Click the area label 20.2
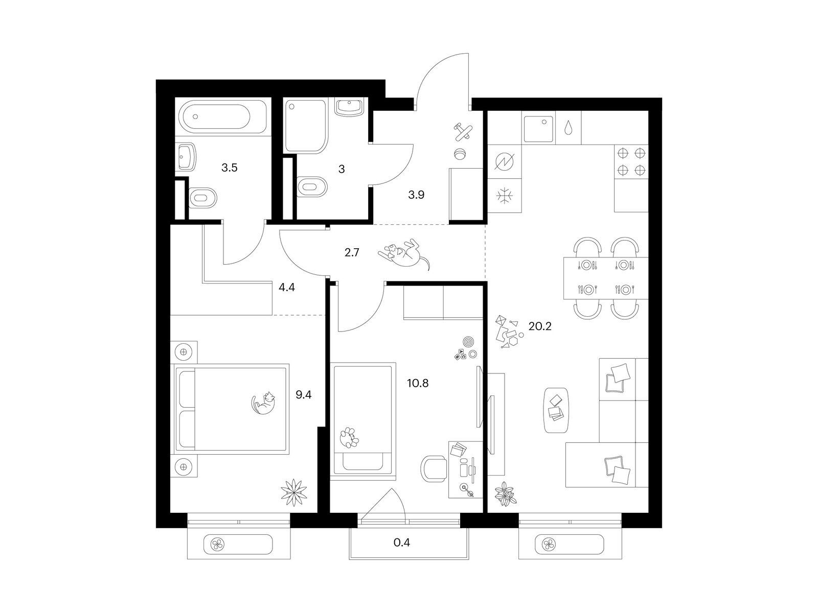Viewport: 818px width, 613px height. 539,326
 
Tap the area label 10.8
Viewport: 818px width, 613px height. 418,383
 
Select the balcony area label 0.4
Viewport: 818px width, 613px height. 402,543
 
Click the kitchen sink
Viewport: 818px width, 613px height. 538,129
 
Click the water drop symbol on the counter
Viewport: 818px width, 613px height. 567,127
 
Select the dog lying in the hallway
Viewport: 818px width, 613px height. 404,254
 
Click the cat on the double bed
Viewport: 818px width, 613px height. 263,403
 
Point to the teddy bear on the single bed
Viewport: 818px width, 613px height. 349,437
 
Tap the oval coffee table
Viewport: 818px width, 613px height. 556,410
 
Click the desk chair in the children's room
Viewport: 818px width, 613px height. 434,469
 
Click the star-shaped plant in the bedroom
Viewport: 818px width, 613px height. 293,492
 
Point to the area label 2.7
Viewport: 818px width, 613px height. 351,253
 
